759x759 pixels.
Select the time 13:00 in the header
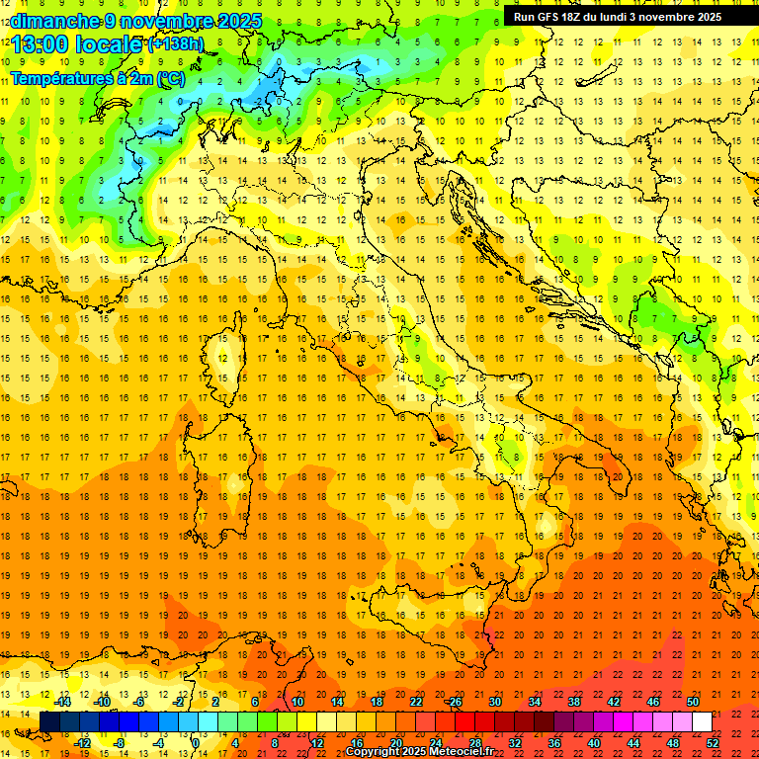[x=39, y=43]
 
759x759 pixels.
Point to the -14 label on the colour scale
[x=63, y=702]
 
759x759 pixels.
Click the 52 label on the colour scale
[x=714, y=742]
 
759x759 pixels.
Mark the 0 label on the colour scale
[x=196, y=742]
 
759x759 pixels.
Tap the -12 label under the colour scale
[x=83, y=742]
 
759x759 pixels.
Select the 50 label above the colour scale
[x=693, y=702]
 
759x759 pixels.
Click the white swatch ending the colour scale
[x=702, y=721]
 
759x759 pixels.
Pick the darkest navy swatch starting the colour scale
[x=49, y=721]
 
